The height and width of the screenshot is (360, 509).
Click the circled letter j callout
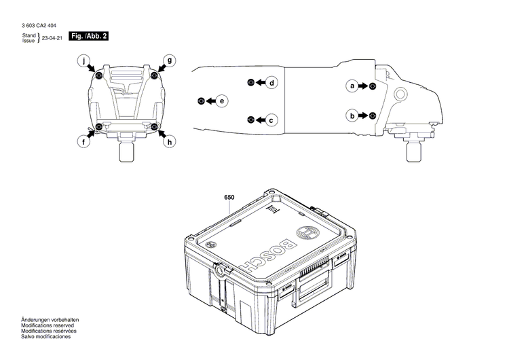click(83, 60)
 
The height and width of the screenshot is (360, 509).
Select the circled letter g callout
click(170, 60)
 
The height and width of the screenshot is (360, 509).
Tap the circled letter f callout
click(83, 142)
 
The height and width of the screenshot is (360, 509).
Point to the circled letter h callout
click(170, 142)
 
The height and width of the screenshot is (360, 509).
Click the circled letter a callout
click(352, 86)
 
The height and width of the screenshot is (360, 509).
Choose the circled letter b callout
click(352, 115)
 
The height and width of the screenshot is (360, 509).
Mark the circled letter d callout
click(271, 83)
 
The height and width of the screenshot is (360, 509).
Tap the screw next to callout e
click(201, 101)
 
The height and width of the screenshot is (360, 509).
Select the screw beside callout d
click(250, 82)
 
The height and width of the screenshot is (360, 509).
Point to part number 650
click(229, 198)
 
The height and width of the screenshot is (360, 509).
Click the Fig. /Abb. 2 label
click(90, 35)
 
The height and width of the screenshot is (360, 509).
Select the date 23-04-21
click(53, 39)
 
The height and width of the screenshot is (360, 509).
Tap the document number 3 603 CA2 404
click(39, 25)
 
